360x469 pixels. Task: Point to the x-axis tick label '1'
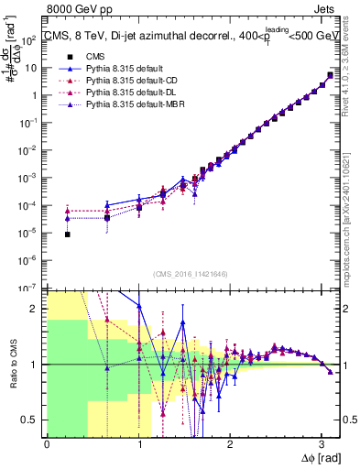click(x=138, y=444)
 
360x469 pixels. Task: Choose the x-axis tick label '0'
click(x=47, y=444)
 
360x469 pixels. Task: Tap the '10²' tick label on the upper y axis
click(x=30, y=40)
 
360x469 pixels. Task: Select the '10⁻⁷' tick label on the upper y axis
click(x=30, y=288)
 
